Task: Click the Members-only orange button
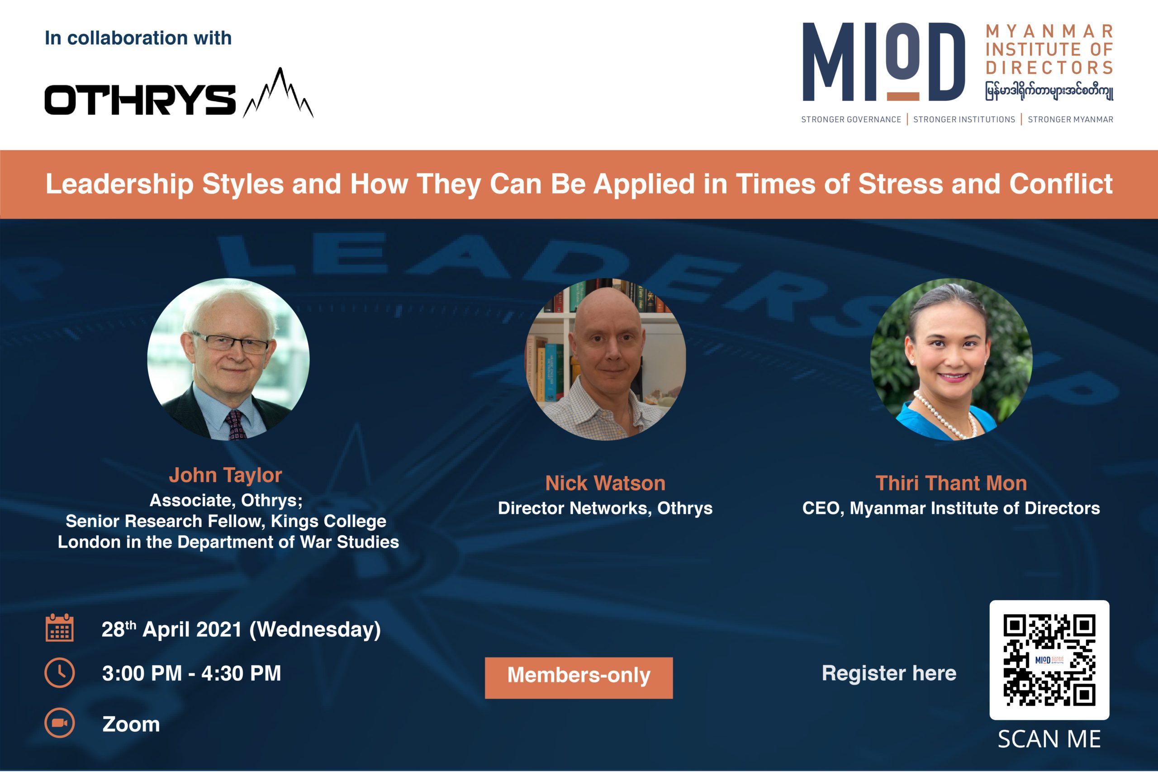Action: pyautogui.click(x=579, y=677)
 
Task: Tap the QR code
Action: pyautogui.click(x=1049, y=660)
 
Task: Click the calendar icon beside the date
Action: pyautogui.click(x=60, y=628)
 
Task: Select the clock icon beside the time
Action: pyautogui.click(x=60, y=673)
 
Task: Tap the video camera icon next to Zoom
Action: pyautogui.click(x=60, y=723)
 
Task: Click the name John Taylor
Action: pyautogui.click(x=226, y=475)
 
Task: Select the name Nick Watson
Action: pyautogui.click(x=605, y=483)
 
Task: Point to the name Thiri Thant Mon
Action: pyautogui.click(x=951, y=483)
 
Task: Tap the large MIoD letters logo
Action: pyautogui.click(x=883, y=62)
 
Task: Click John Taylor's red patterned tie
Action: pyautogui.click(x=234, y=424)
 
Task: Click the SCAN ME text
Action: pyautogui.click(x=1049, y=739)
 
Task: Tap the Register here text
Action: pyautogui.click(x=889, y=673)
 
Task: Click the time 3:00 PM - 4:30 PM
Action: pyautogui.click(x=191, y=673)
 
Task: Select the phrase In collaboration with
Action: pyautogui.click(x=138, y=38)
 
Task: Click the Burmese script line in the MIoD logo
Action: pyautogui.click(x=1049, y=91)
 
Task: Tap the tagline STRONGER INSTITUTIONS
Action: pyautogui.click(x=964, y=119)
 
